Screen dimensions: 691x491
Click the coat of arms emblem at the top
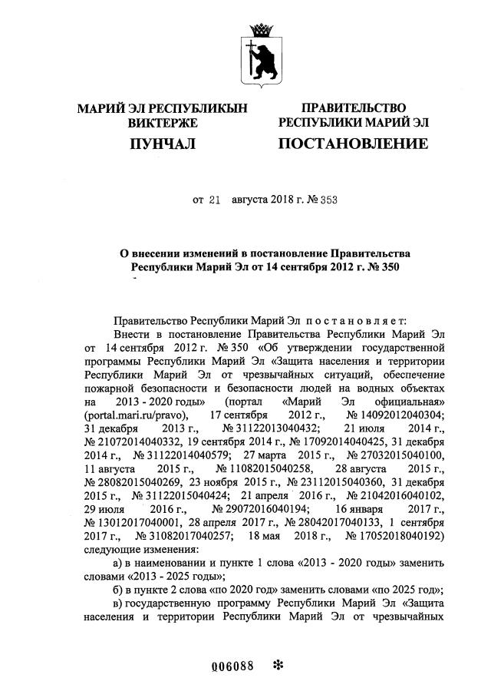(262, 53)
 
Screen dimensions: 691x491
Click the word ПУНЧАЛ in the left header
(162, 144)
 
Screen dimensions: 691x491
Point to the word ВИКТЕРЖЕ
(162, 123)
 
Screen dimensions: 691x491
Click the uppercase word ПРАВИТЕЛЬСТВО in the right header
(353, 108)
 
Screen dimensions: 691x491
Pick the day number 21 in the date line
(215, 200)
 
